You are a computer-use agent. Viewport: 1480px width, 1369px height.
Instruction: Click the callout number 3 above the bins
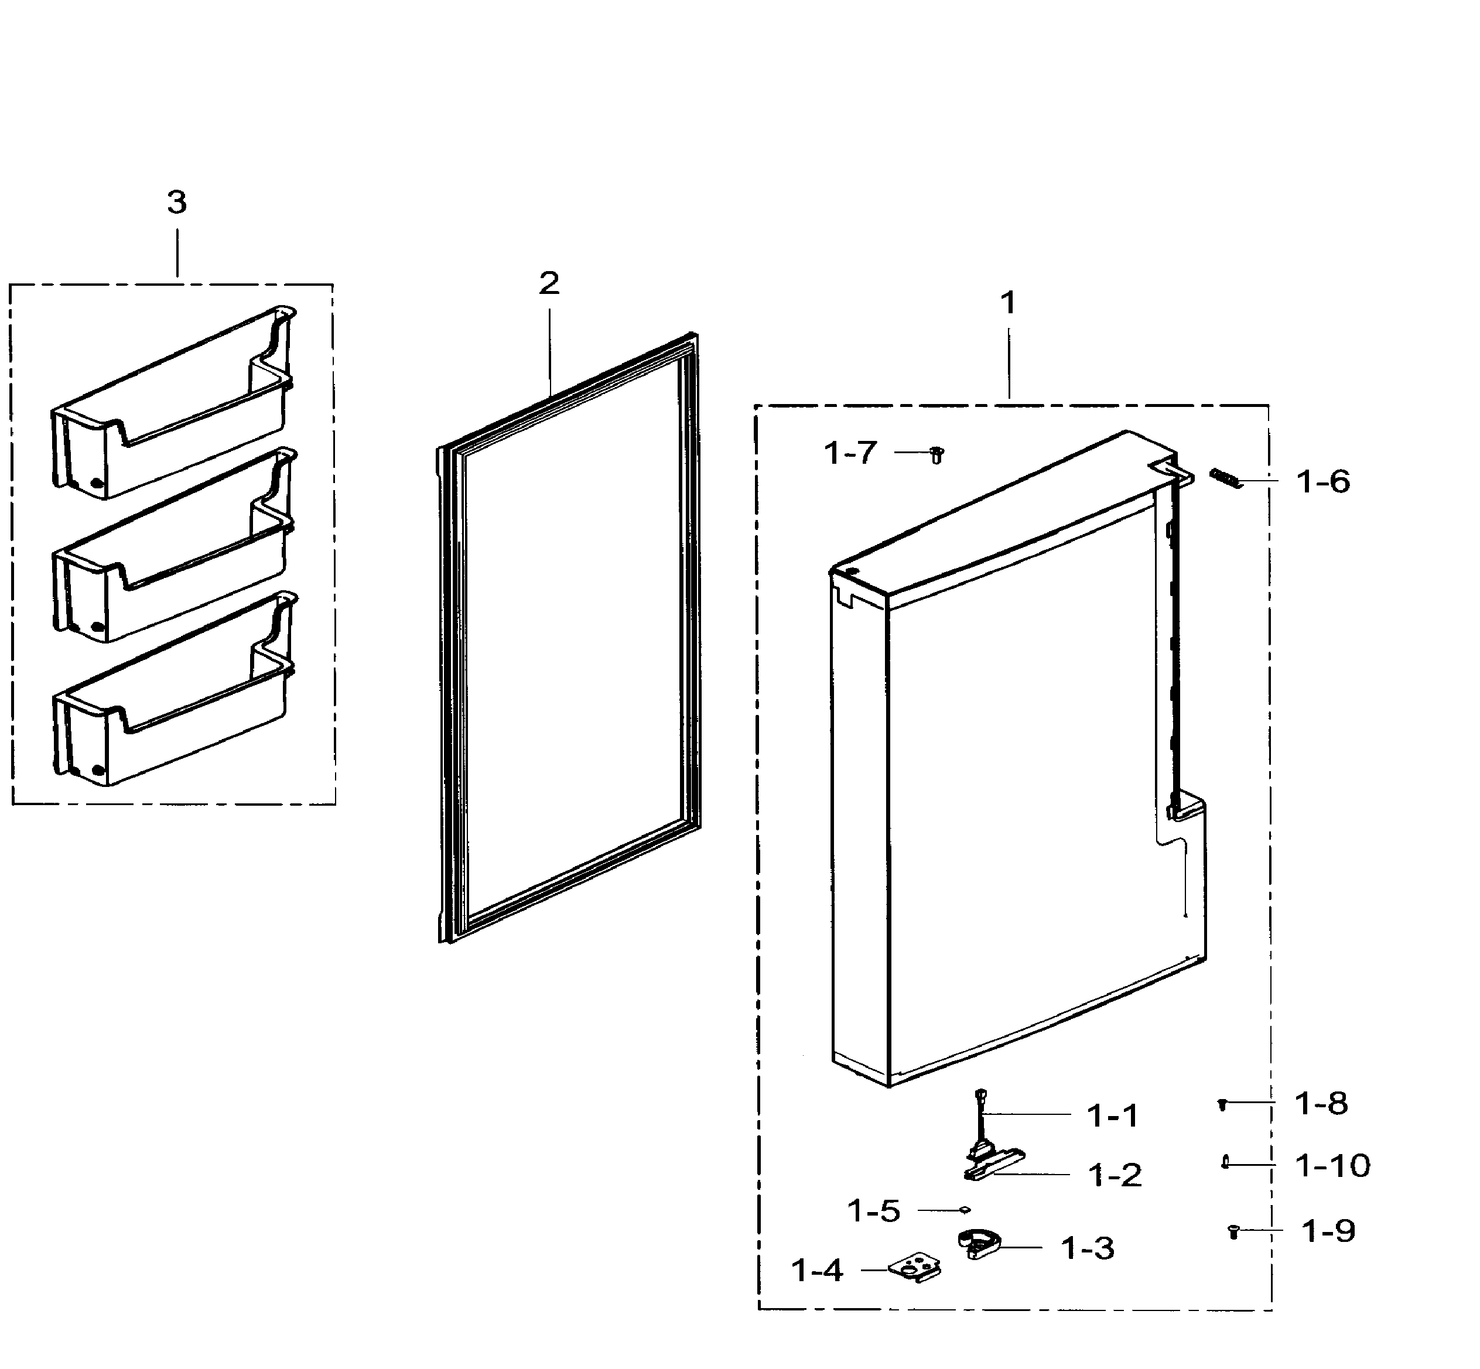(176, 202)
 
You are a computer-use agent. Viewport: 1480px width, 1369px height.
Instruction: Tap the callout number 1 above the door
(1008, 302)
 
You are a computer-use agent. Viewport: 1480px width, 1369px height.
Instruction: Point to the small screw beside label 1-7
(936, 455)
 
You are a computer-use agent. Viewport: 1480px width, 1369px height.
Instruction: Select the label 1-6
(1323, 482)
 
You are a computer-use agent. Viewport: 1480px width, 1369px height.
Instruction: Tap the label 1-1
(1112, 1115)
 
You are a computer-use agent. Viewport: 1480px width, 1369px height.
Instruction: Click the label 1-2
(1114, 1176)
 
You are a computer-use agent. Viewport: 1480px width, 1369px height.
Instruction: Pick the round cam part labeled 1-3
(978, 1244)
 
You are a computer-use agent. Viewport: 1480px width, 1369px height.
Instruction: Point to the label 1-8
(1321, 1104)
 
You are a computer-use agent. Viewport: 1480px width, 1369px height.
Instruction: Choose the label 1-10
(1332, 1166)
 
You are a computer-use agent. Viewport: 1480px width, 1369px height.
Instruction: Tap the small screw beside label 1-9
(1234, 1231)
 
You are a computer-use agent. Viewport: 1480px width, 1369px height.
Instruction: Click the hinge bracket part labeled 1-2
(993, 1164)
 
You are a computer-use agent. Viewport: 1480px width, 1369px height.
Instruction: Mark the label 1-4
(816, 1271)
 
